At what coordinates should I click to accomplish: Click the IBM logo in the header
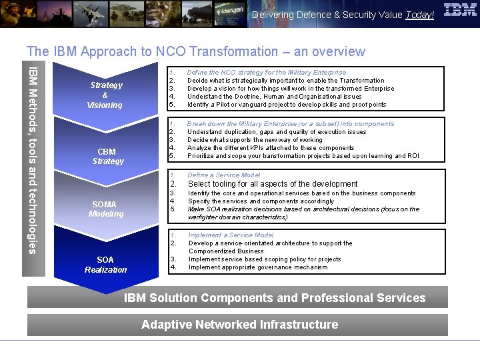click(x=460, y=11)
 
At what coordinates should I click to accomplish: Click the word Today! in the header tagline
click(x=419, y=15)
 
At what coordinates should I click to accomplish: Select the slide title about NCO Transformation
click(x=195, y=51)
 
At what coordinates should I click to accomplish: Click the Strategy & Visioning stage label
click(x=106, y=95)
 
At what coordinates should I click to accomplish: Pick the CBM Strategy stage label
click(x=108, y=156)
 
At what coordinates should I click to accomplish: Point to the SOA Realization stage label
click(x=105, y=265)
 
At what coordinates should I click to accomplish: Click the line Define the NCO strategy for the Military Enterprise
click(x=266, y=72)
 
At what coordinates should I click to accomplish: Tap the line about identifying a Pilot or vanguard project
click(x=287, y=105)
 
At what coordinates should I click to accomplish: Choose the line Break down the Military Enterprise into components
click(x=291, y=123)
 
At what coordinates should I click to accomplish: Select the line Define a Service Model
click(x=224, y=175)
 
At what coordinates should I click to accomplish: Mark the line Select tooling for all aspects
click(x=273, y=184)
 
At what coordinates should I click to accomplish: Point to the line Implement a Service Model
click(x=231, y=235)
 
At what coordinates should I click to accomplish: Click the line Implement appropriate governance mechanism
click(x=258, y=267)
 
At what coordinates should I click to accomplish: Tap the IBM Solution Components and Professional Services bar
click(x=275, y=298)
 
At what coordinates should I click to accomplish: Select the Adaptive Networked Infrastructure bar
click(x=239, y=325)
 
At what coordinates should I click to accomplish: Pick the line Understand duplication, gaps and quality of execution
click(x=277, y=132)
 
